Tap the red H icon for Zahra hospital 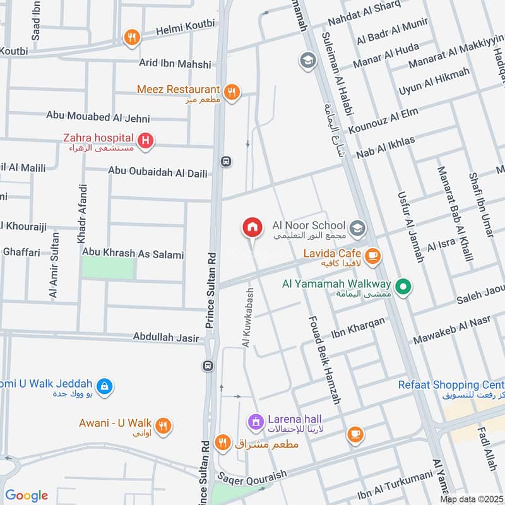pyautogui.click(x=146, y=141)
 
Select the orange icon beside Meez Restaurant pyautogui.click(x=232, y=92)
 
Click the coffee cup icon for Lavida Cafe pyautogui.click(x=372, y=256)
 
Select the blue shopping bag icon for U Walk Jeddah pyautogui.click(x=105, y=386)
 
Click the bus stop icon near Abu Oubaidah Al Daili pyautogui.click(x=226, y=162)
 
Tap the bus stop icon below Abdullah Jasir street pyautogui.click(x=207, y=366)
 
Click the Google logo pyautogui.click(x=27, y=496)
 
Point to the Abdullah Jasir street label pyautogui.click(x=166, y=338)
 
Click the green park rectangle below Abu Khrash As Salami pyautogui.click(x=109, y=268)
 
